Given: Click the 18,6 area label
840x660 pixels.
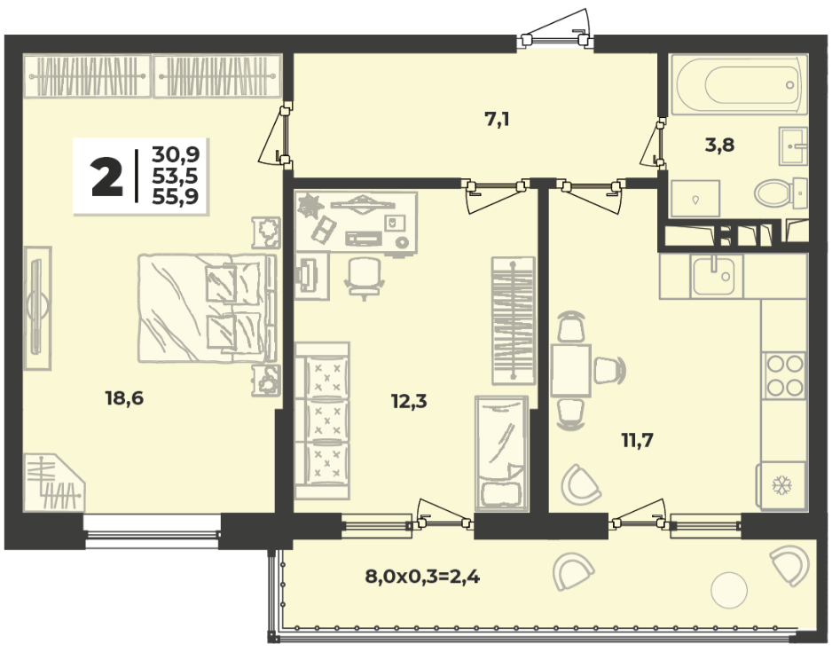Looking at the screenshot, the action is tap(124, 398).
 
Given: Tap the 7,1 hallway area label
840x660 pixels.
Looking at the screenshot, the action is tap(497, 120).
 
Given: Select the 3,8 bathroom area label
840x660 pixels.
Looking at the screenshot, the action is tap(719, 145).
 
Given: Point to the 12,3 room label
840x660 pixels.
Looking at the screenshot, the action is tap(409, 401).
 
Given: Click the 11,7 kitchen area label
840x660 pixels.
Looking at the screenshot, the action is tap(638, 440).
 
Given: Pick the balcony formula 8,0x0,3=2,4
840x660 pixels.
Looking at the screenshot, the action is tap(422, 577).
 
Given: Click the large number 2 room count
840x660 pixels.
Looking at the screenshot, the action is tap(107, 177).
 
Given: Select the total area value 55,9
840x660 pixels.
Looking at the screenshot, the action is tap(175, 197).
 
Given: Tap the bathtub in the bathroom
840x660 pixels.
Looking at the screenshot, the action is tap(739, 84).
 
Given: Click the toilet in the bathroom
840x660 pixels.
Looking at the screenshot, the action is tap(780, 192).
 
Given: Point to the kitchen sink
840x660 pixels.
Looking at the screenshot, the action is tap(712, 276).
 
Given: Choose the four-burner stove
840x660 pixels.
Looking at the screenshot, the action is tap(785, 375).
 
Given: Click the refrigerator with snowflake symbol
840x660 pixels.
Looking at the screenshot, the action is tap(781, 485).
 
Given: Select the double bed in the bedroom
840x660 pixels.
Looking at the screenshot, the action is tap(207, 308).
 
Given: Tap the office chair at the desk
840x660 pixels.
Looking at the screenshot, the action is tap(365, 278).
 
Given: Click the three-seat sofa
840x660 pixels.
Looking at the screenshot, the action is tap(322, 421).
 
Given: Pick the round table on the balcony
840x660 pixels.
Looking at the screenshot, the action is tap(728, 590).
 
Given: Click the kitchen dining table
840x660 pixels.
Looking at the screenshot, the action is tap(570, 370).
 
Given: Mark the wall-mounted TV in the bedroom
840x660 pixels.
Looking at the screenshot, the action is tap(37, 308).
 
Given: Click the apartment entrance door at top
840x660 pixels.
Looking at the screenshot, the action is tap(555, 32).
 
